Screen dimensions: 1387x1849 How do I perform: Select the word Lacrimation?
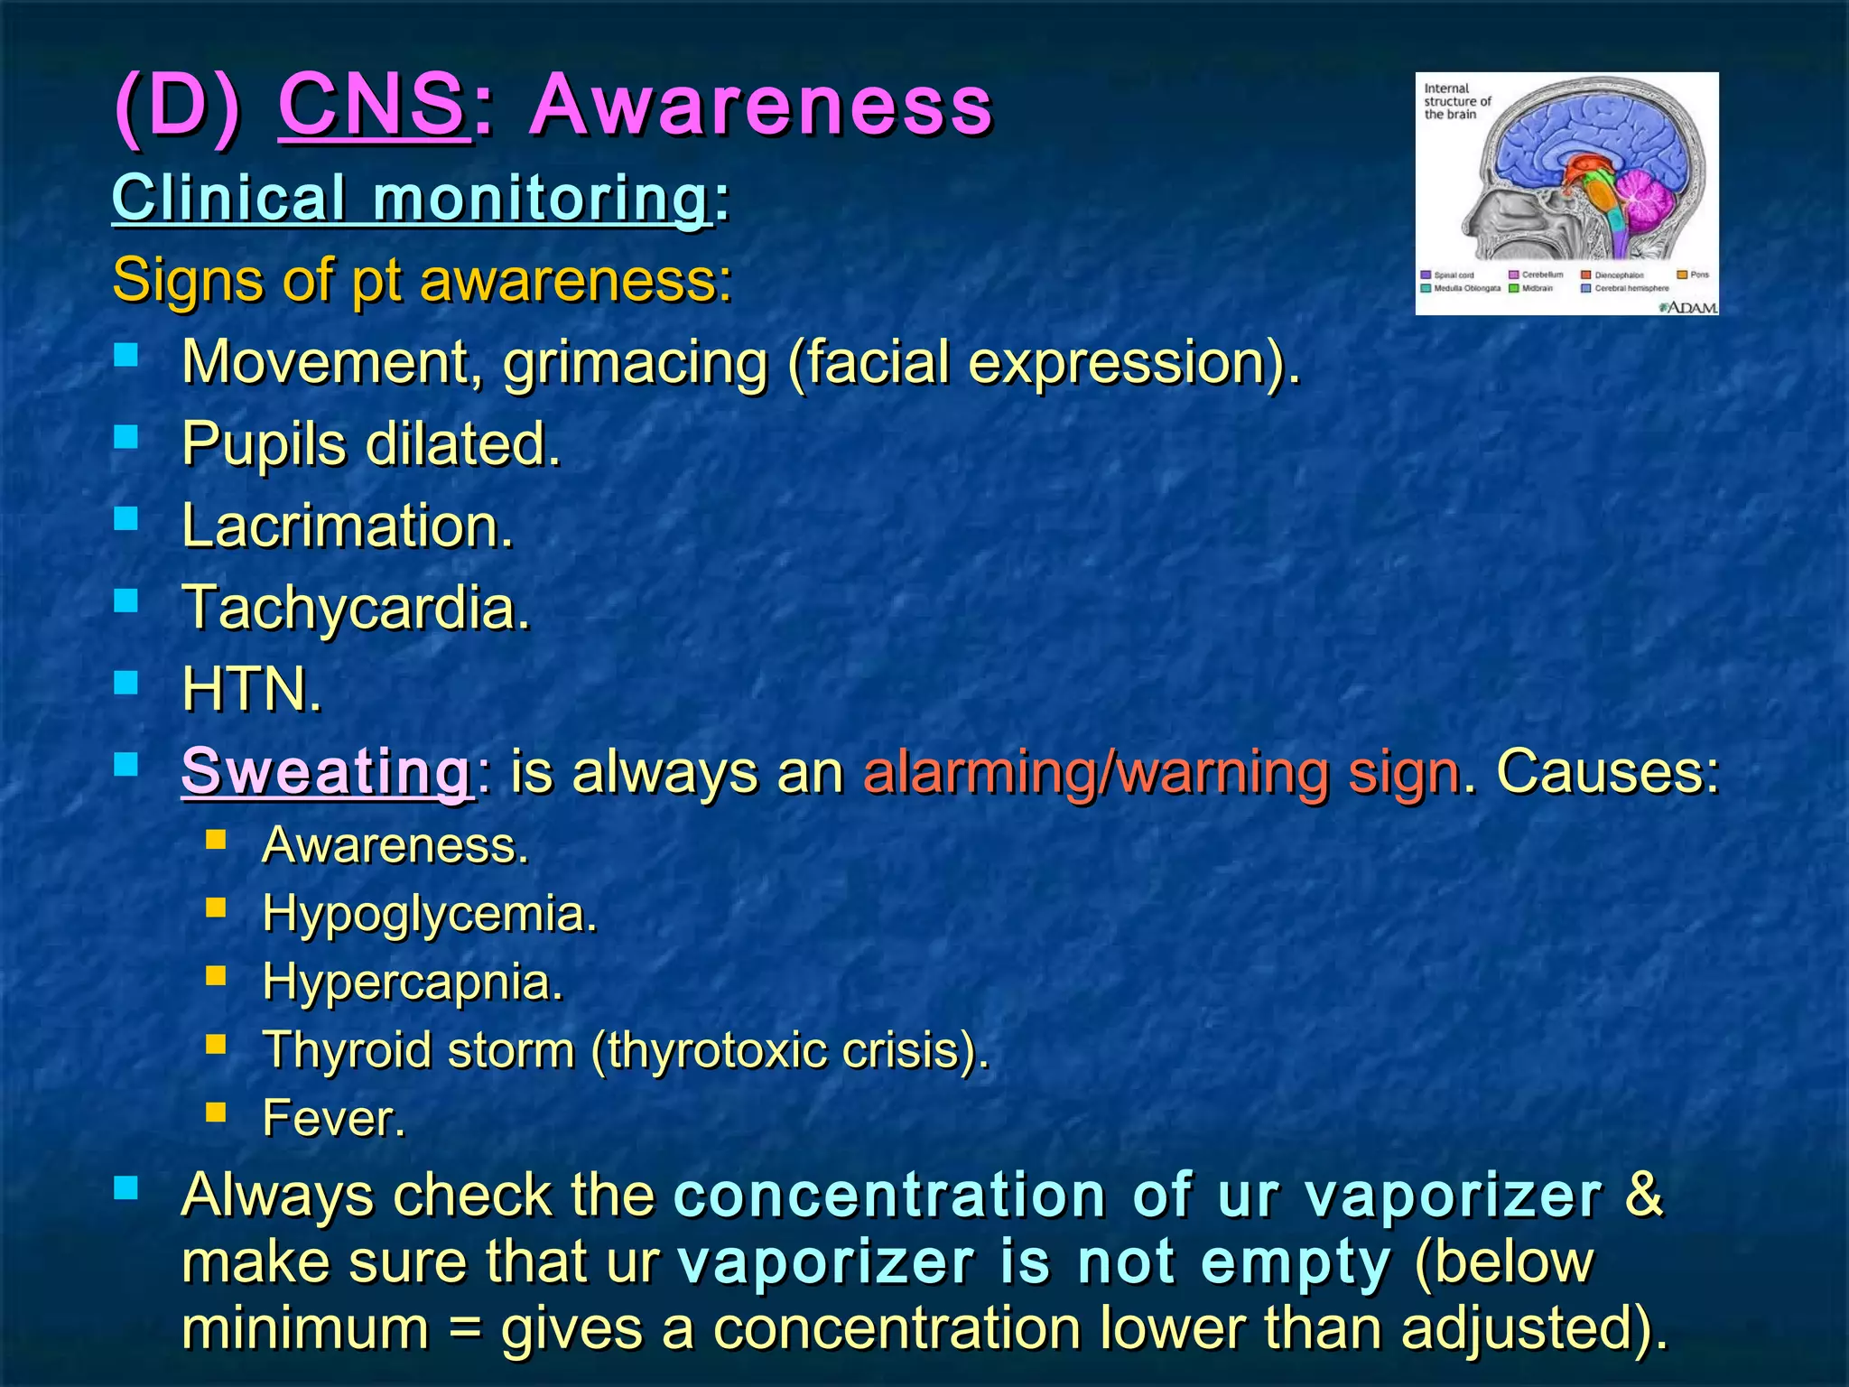point(348,526)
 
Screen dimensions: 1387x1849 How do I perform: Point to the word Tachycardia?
point(356,608)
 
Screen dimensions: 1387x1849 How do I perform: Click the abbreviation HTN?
point(251,690)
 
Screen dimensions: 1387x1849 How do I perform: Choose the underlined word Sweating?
point(326,771)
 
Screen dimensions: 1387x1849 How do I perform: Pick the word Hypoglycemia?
point(430,913)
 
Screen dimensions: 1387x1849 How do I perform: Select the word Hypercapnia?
point(413,982)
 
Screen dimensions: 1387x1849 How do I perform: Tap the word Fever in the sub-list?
point(333,1118)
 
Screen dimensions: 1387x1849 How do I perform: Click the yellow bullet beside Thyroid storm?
point(216,1045)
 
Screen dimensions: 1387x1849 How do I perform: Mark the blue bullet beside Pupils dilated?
point(126,438)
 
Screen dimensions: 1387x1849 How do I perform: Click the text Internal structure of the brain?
point(1455,101)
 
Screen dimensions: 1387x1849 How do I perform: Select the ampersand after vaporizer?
point(1643,1195)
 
